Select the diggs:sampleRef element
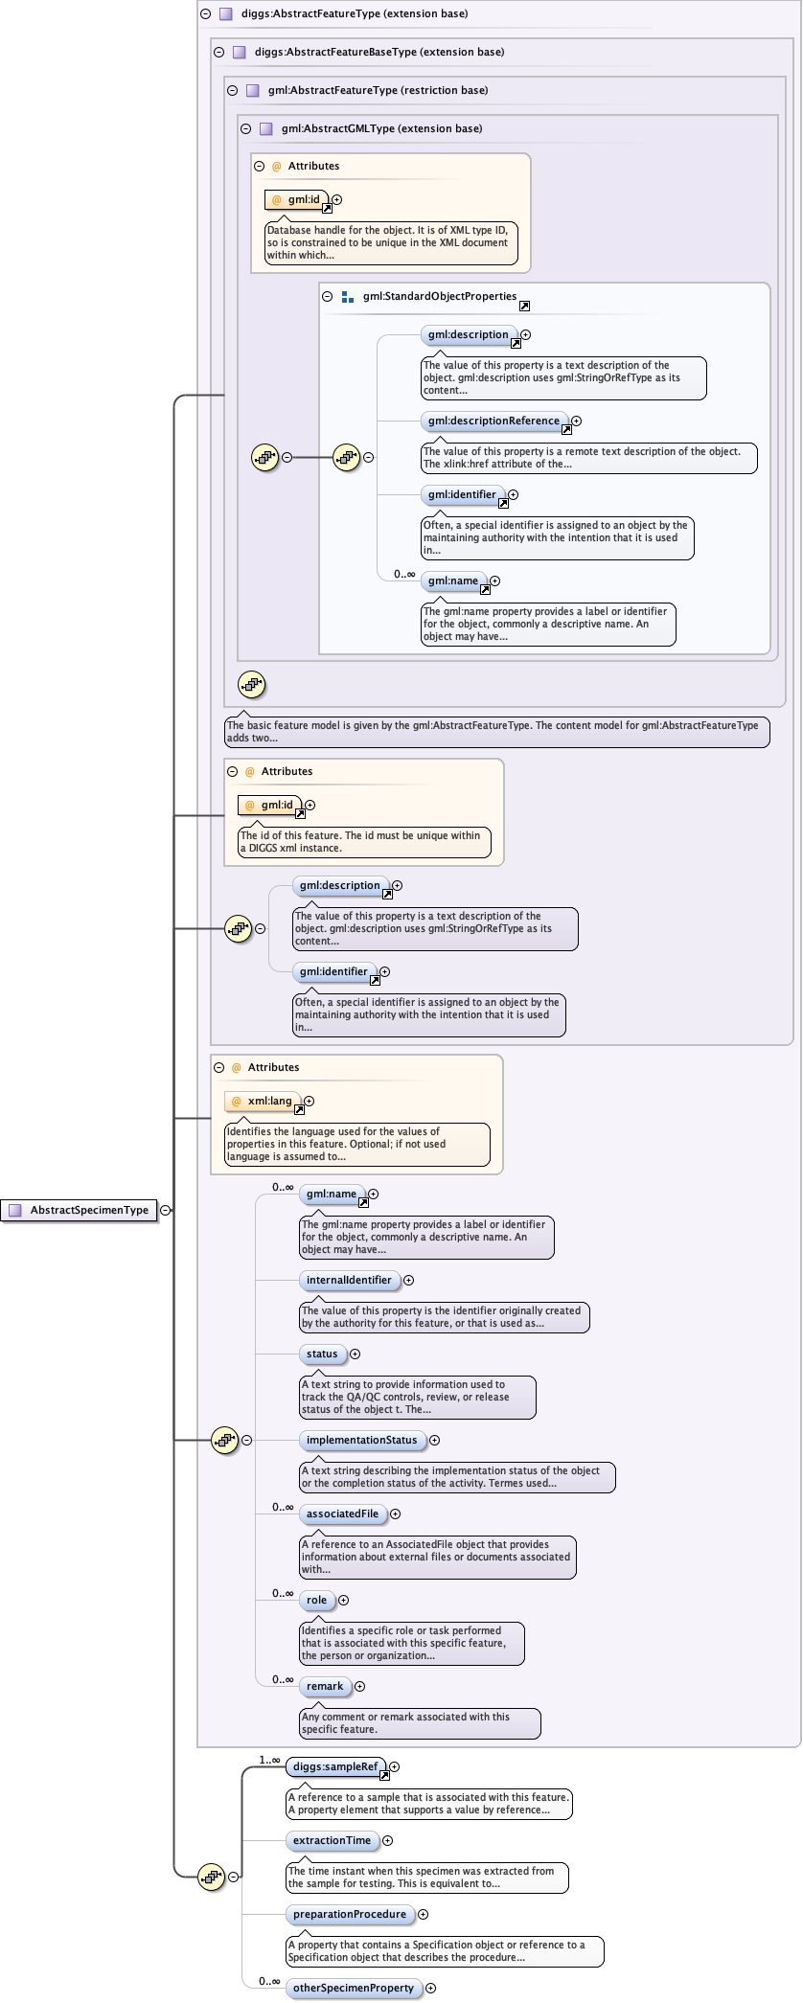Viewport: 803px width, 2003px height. [334, 1766]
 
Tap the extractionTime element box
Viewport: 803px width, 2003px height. [332, 1840]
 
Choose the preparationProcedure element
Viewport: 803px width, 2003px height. [349, 1914]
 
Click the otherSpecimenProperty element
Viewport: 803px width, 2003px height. [353, 1988]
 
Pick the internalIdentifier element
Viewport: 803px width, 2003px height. [349, 1280]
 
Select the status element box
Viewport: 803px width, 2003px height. [322, 1354]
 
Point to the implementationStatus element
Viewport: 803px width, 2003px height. [361, 1440]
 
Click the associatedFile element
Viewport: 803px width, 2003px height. [342, 1514]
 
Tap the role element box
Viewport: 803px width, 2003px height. [316, 1600]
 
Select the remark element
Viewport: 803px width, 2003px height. [325, 1686]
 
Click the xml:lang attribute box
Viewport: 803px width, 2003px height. [264, 1102]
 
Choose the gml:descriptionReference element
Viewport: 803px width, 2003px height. [493, 421]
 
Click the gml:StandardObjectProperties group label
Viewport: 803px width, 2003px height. [439, 296]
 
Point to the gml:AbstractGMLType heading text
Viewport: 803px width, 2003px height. [381, 128]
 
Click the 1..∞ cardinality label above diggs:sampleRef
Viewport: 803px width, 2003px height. [269, 1760]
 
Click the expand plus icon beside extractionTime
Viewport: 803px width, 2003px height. [388, 1840]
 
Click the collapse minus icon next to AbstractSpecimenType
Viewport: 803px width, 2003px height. [166, 1210]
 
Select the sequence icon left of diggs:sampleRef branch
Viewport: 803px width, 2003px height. [211, 1877]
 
